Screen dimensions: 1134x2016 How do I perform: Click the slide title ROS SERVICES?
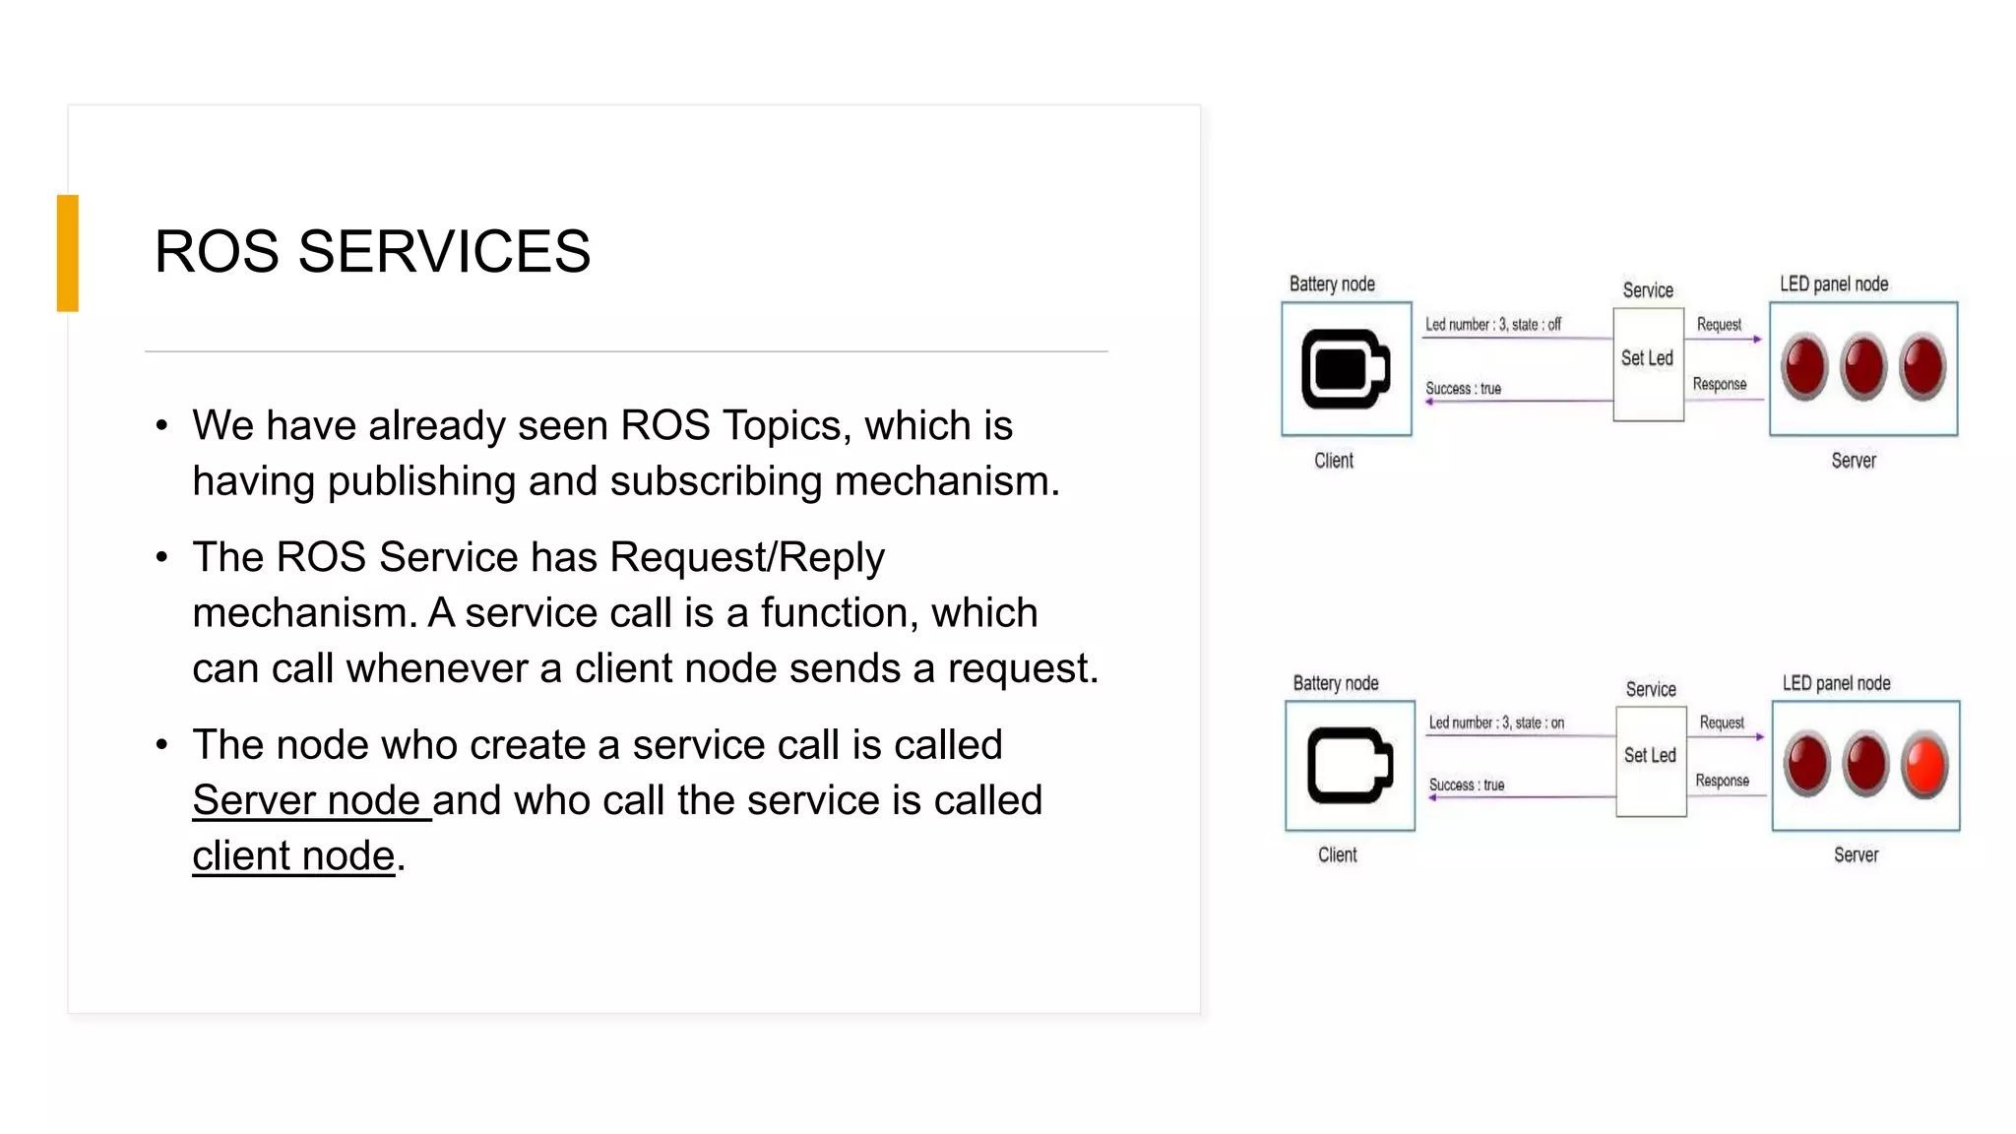click(372, 251)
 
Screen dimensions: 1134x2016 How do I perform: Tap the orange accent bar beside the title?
click(68, 253)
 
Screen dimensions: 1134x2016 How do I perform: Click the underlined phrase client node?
click(293, 856)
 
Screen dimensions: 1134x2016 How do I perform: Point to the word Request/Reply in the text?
click(747, 557)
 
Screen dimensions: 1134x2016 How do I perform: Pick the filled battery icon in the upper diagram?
click(1345, 369)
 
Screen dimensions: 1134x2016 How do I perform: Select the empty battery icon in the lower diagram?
click(1350, 766)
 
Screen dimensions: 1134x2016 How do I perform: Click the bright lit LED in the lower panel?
click(1925, 764)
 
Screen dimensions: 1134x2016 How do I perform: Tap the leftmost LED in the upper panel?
click(1805, 366)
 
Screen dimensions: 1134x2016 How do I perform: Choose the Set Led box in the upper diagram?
click(1648, 363)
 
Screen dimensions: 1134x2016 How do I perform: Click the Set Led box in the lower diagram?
click(1651, 760)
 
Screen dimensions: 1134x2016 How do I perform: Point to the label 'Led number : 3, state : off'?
click(1493, 324)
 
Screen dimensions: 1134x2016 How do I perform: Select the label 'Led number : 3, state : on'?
click(1496, 723)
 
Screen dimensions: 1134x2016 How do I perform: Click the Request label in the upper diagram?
click(1719, 324)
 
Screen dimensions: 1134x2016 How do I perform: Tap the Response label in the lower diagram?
click(1722, 781)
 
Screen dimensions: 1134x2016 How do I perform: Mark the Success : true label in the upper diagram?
click(1464, 389)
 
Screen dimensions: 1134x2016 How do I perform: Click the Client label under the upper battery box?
click(1334, 461)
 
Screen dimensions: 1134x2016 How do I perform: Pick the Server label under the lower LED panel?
click(1856, 855)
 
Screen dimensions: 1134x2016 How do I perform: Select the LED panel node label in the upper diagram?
click(1834, 284)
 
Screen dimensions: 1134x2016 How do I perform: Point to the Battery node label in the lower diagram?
click(1336, 683)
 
